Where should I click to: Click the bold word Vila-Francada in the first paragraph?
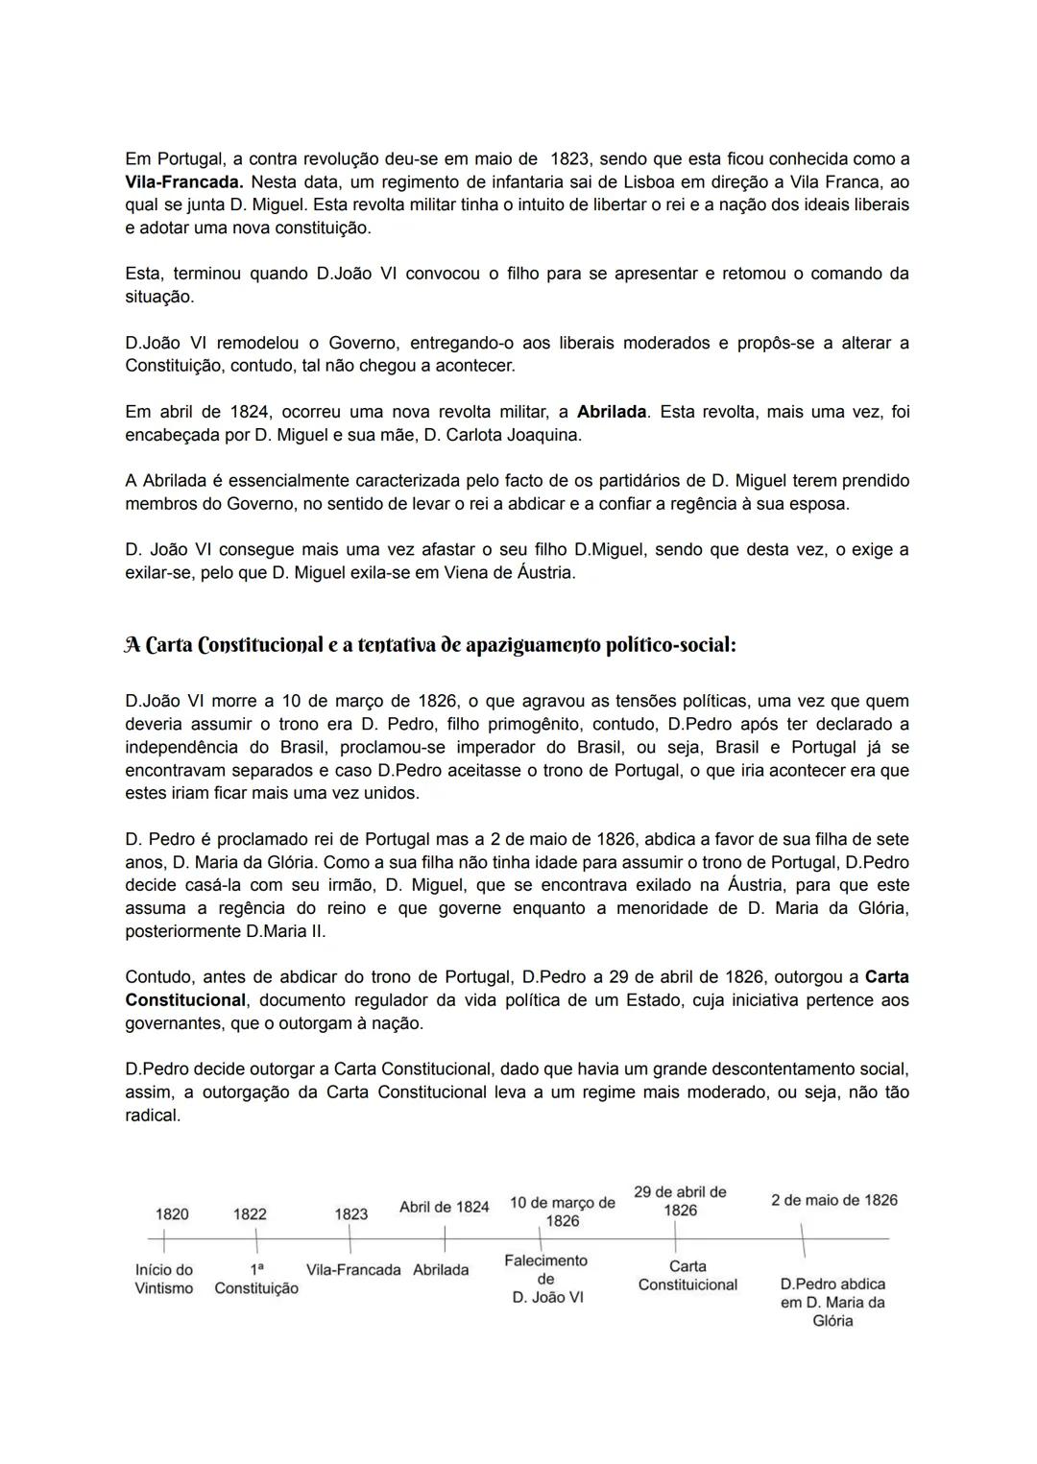pyautogui.click(x=181, y=181)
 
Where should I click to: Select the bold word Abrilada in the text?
pyautogui.click(x=612, y=412)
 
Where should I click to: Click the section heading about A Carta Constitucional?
pyautogui.click(x=430, y=645)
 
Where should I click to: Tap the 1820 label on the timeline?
pyautogui.click(x=172, y=1214)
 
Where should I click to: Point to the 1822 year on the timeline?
pyautogui.click(x=250, y=1214)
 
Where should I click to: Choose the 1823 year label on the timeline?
pyautogui.click(x=350, y=1214)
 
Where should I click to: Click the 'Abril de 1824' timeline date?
pyautogui.click(x=445, y=1207)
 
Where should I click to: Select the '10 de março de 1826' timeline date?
pyautogui.click(x=563, y=1212)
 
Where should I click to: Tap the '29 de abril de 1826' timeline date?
pyautogui.click(x=680, y=1201)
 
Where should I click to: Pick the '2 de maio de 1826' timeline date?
pyautogui.click(x=834, y=1200)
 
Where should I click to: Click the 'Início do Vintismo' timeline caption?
pyautogui.click(x=164, y=1279)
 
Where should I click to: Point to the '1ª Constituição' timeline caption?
pyautogui.click(x=256, y=1279)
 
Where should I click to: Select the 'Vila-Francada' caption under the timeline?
pyautogui.click(x=353, y=1270)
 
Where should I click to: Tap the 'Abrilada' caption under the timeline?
pyautogui.click(x=441, y=1270)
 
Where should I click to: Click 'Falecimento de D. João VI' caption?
pyautogui.click(x=545, y=1279)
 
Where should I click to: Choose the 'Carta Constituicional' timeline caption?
pyautogui.click(x=687, y=1276)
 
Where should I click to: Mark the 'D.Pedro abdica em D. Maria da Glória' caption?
pyautogui.click(x=832, y=1302)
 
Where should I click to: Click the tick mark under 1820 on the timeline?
pyautogui.click(x=164, y=1242)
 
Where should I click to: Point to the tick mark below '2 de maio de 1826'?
pyautogui.click(x=803, y=1240)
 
